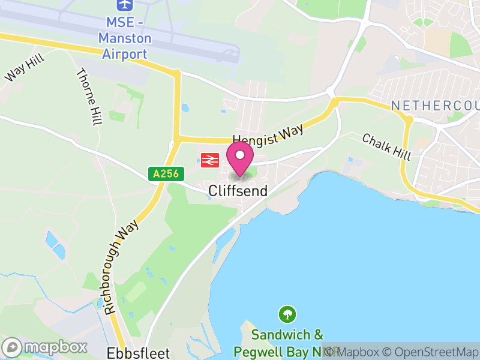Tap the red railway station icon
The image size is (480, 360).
(x=209, y=160)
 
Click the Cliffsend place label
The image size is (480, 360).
(x=238, y=190)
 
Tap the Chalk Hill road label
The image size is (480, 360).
(x=386, y=146)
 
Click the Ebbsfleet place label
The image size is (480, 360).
(x=138, y=352)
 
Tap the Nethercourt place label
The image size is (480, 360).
(x=435, y=106)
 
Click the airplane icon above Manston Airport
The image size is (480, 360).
(x=125, y=5)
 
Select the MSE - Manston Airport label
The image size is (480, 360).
(x=125, y=38)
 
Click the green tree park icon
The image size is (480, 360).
(x=287, y=313)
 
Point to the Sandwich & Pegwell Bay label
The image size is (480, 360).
(x=287, y=342)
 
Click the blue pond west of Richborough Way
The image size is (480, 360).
(x=55, y=245)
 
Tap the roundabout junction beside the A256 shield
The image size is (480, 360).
(x=176, y=142)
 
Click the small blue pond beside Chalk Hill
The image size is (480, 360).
(x=350, y=160)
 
